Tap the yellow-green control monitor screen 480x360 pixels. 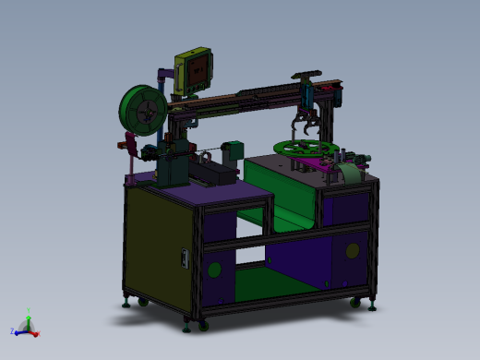point(196,68)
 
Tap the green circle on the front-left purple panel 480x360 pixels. point(214,270)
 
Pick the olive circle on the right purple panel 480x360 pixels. point(352,249)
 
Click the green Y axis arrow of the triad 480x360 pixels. point(29,320)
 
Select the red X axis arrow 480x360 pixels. point(35,330)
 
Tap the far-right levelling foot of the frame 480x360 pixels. point(372,304)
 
